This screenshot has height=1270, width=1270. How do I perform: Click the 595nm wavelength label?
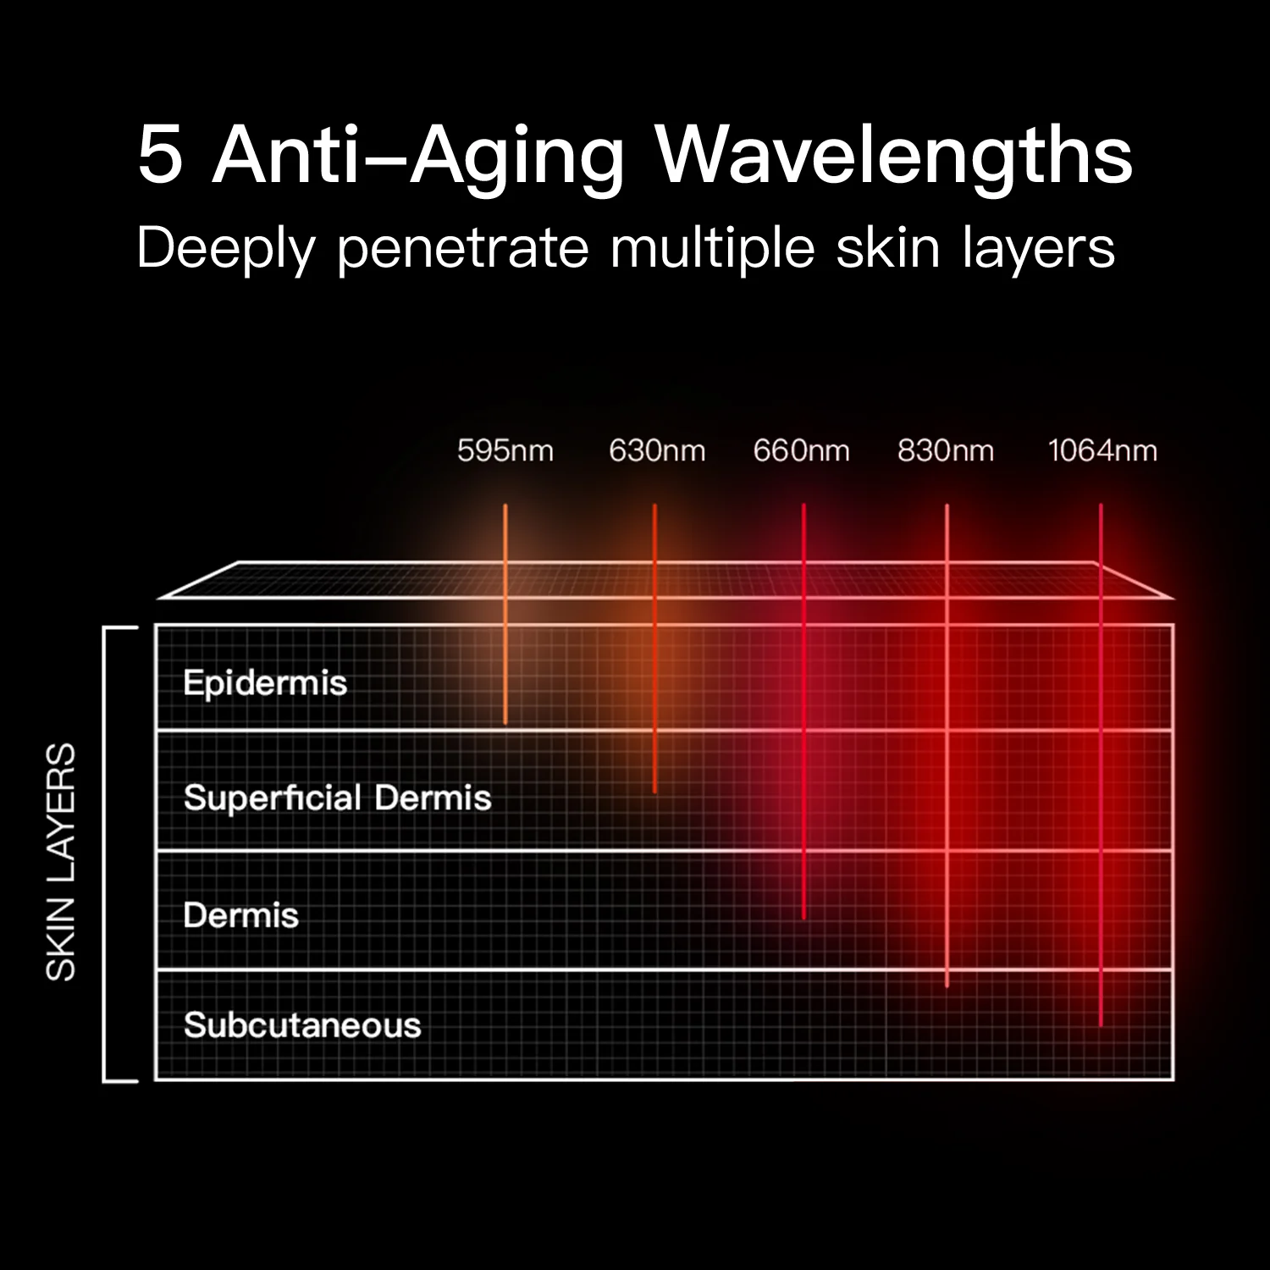click(x=505, y=450)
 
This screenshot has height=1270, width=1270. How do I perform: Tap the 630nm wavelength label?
click(x=657, y=450)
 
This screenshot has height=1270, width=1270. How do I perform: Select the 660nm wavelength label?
click(x=801, y=450)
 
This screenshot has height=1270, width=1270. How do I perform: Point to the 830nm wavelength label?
click(x=946, y=450)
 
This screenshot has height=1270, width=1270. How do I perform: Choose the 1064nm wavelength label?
click(x=1102, y=450)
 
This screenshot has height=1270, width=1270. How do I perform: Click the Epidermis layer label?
click(x=265, y=683)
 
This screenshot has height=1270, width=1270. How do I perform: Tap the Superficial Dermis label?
click(x=337, y=798)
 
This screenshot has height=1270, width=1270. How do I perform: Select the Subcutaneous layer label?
click(x=302, y=1025)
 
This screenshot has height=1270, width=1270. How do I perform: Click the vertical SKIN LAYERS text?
click(x=61, y=862)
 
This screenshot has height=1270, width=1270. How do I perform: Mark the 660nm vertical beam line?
click(x=803, y=711)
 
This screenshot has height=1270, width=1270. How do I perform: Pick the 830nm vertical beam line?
click(x=947, y=745)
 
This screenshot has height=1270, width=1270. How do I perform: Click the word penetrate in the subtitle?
click(x=462, y=249)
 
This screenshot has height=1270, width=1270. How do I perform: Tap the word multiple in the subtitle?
click(x=712, y=249)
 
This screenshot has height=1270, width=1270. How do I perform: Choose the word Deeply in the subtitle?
click(x=226, y=249)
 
